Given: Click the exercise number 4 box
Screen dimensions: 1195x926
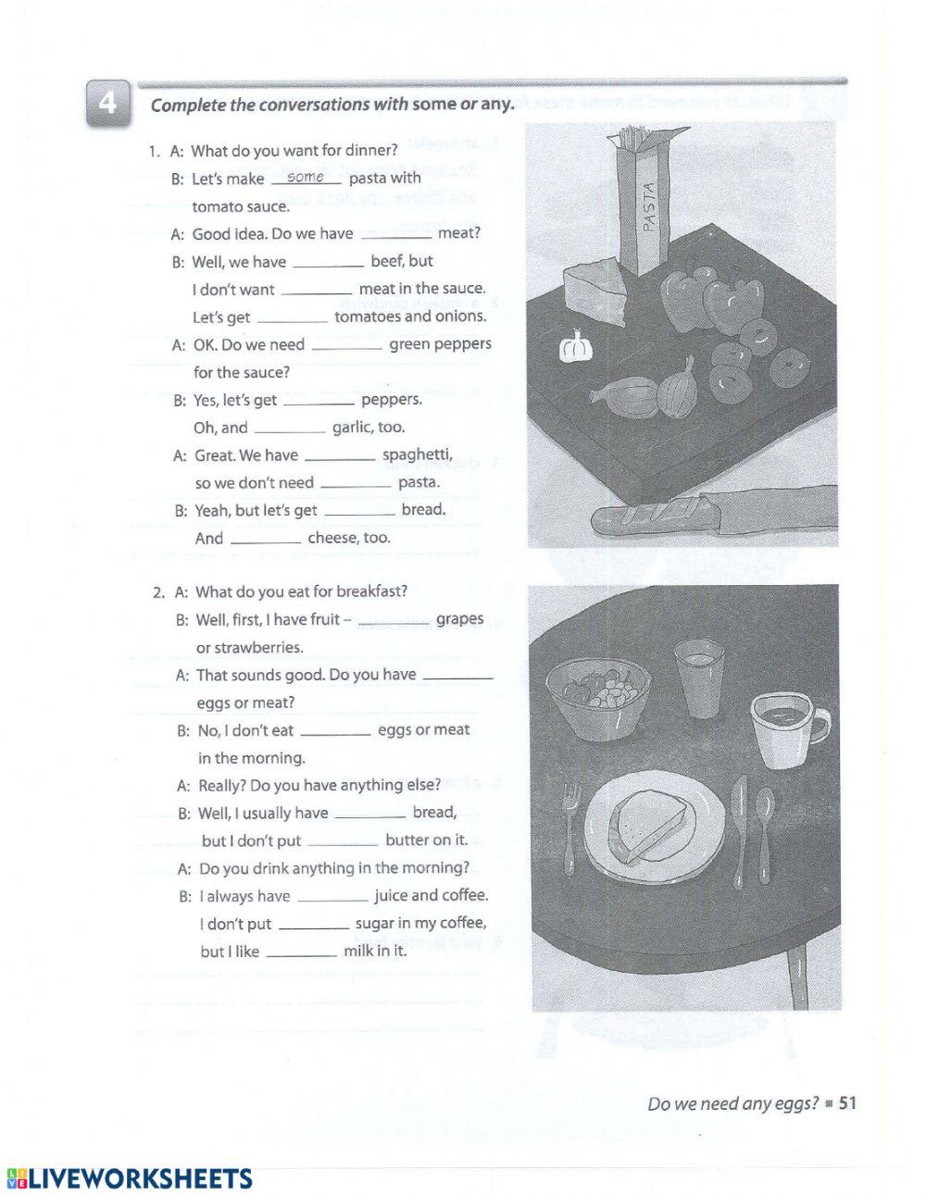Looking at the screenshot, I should [x=108, y=103].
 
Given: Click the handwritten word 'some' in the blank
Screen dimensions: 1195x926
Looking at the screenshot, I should [x=306, y=177].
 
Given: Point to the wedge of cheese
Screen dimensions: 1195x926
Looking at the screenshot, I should [x=596, y=290].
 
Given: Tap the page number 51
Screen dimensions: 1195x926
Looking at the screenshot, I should [x=847, y=1102].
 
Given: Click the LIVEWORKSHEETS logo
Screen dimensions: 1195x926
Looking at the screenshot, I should [x=130, y=1177].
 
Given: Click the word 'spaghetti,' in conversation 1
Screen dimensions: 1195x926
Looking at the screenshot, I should [x=418, y=454].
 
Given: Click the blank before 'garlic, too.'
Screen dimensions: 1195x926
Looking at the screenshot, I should [x=289, y=429].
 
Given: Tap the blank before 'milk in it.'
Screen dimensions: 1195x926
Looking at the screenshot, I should [x=302, y=952].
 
